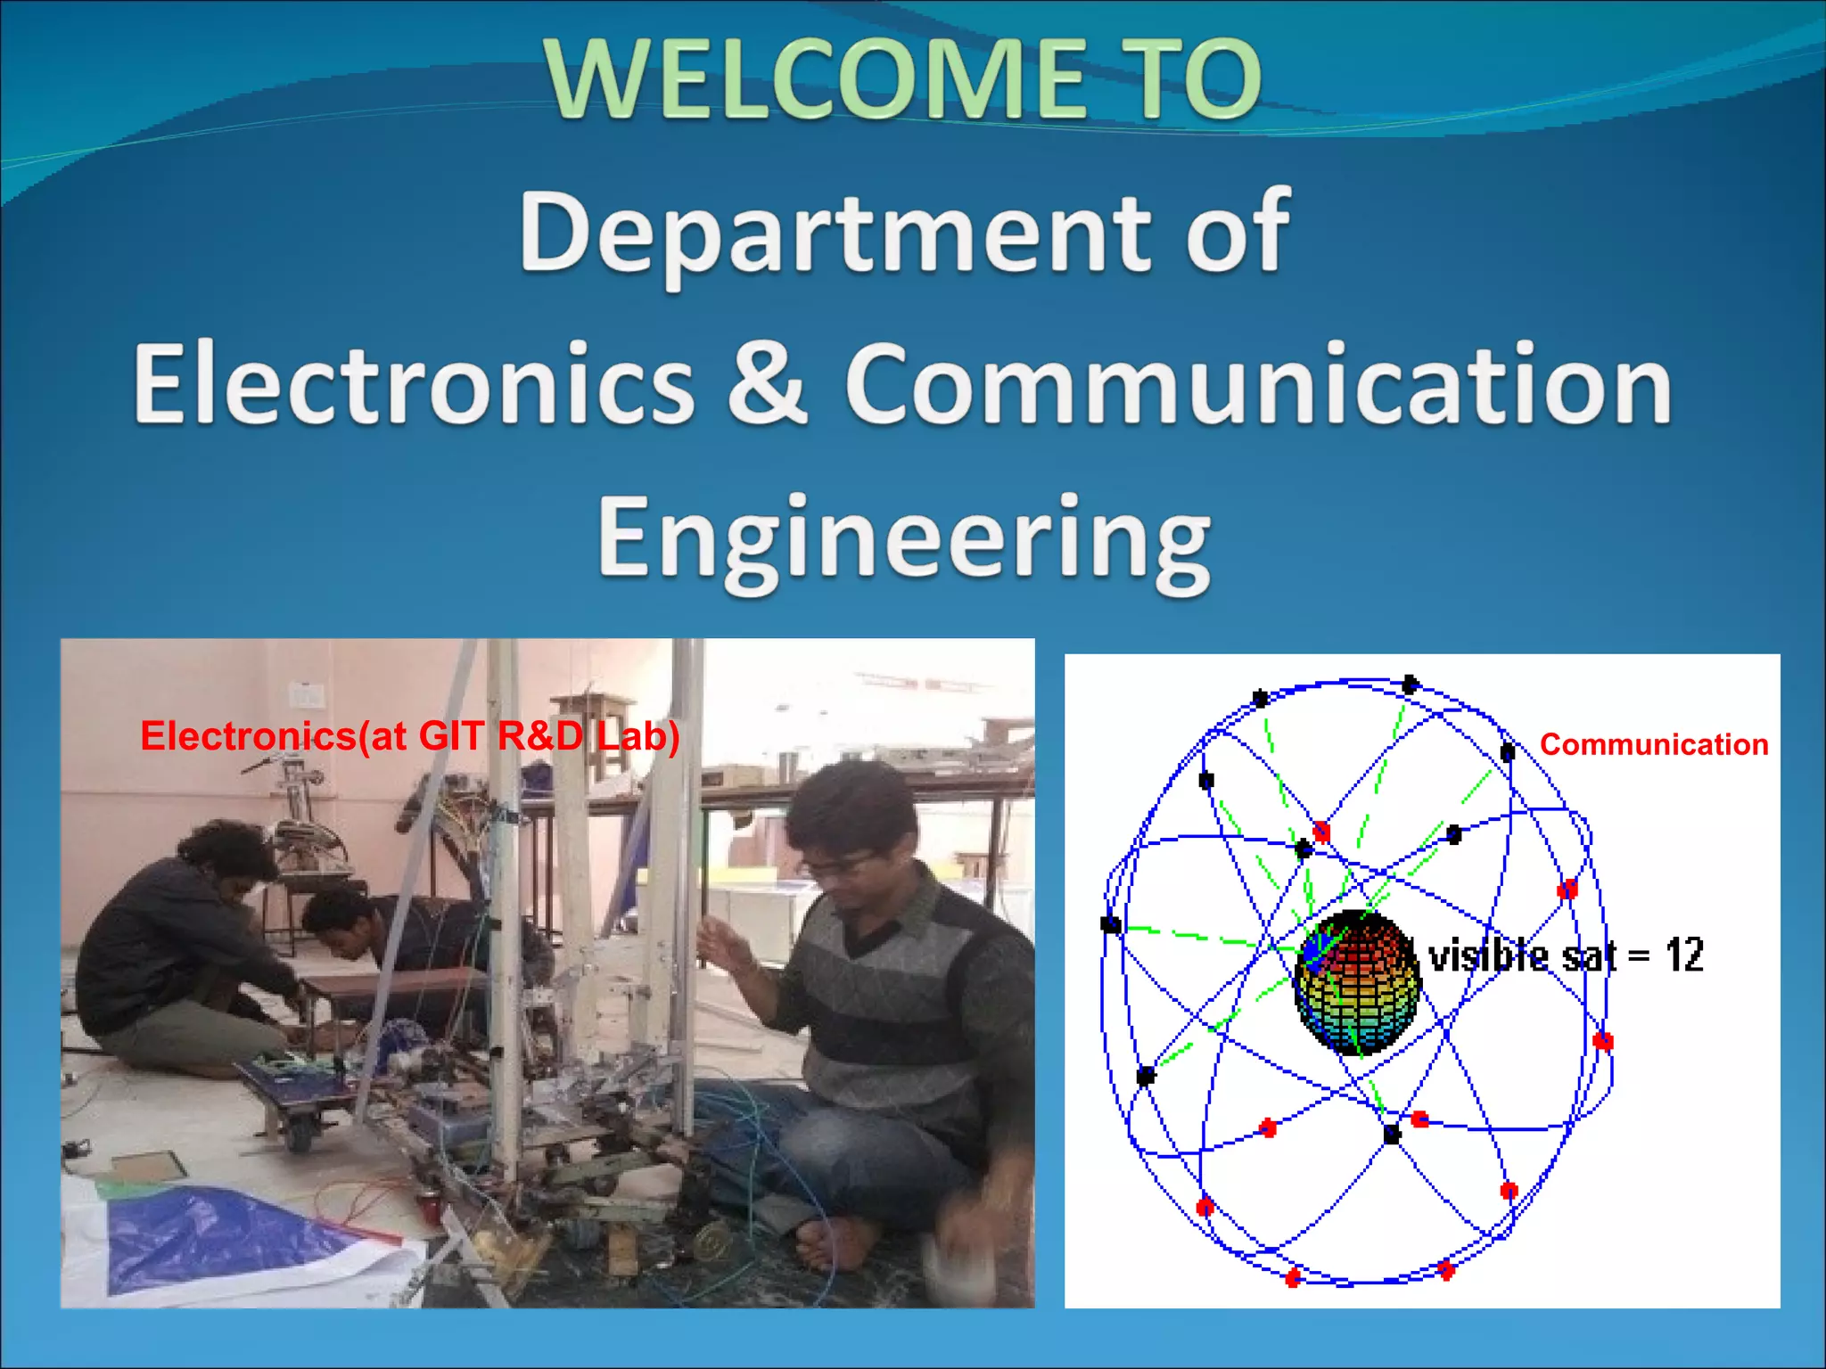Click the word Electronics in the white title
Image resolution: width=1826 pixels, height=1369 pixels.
pos(414,385)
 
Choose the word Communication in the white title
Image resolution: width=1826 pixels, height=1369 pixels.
pos(1257,385)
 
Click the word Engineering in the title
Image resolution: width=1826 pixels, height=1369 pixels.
pos(904,540)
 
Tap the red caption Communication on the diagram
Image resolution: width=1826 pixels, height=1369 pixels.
pos(1653,744)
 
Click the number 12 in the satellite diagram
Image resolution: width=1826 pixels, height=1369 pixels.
pos(1684,955)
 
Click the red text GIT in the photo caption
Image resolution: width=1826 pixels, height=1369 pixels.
pos(451,736)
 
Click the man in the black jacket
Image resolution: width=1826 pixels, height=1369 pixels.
pos(178,954)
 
